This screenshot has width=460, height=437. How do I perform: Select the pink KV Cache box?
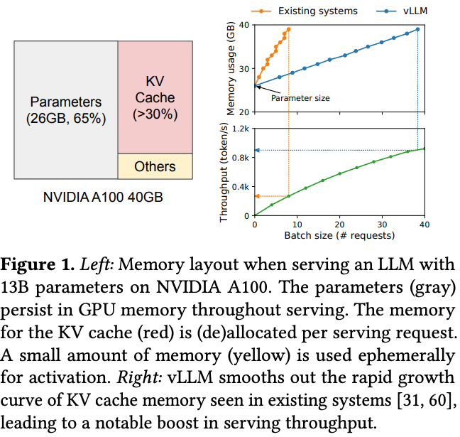point(155,96)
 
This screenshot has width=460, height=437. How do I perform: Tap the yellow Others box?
point(155,166)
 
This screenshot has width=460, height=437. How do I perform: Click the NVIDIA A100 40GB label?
point(104,196)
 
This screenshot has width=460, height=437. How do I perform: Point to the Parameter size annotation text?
point(300,98)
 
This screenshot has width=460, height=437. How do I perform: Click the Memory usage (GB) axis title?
point(231,69)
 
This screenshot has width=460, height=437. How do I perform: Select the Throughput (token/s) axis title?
point(224,171)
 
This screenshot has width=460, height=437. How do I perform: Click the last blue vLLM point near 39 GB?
point(417,29)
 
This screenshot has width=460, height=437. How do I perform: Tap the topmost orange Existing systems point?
point(289,29)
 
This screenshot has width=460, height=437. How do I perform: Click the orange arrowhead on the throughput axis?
point(257,195)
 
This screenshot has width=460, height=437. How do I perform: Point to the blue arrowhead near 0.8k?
point(257,150)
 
